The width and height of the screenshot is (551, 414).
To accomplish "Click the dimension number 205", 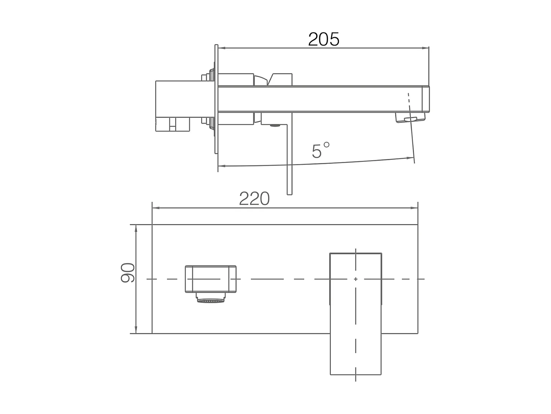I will (324, 39).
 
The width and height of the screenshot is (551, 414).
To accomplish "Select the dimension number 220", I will (254, 199).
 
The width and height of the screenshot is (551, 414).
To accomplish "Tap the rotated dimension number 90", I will (128, 273).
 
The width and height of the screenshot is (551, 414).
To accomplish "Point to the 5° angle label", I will (320, 151).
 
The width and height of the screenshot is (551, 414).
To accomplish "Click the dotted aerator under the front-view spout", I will (211, 301).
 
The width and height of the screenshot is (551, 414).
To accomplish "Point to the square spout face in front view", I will (210, 279).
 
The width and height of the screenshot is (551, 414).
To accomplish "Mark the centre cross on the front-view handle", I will (356, 279).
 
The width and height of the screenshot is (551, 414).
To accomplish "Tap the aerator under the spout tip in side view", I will (410, 118).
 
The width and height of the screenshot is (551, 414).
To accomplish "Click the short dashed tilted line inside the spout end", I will (408, 99).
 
